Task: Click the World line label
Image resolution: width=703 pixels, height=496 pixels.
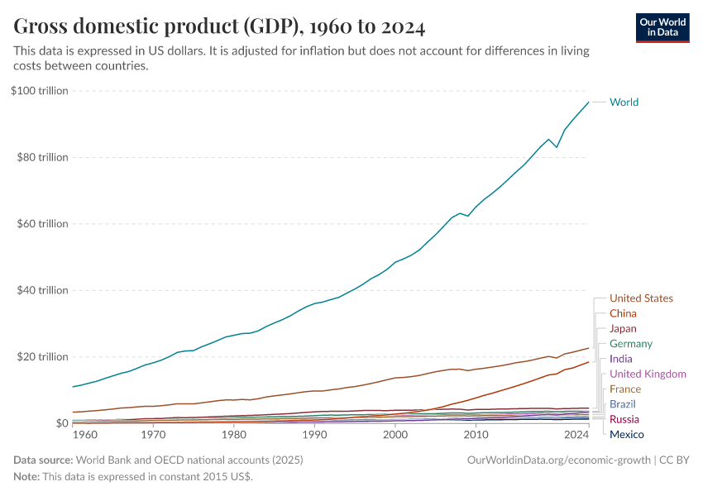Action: [624, 103]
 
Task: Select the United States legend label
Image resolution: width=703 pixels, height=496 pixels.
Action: [641, 298]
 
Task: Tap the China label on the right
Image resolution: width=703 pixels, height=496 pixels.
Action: [623, 313]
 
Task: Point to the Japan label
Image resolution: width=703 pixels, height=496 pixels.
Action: [623, 329]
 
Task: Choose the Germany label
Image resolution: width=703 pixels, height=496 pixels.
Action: [630, 344]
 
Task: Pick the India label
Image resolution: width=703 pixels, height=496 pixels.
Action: [620, 359]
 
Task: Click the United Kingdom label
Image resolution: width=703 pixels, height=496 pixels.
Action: [648, 374]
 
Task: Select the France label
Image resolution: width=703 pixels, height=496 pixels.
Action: [625, 389]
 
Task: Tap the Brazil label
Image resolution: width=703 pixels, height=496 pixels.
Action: [623, 404]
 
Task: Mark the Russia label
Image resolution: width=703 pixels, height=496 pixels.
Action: [624, 420]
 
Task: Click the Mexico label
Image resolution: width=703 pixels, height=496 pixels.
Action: [626, 435]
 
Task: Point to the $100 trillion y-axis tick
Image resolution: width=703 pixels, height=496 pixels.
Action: [39, 91]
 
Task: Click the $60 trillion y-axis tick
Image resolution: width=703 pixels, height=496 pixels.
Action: [41, 224]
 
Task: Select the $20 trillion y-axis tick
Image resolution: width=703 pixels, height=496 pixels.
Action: [41, 357]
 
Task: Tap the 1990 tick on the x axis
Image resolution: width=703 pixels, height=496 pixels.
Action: [314, 434]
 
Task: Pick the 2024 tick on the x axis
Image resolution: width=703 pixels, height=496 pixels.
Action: [576, 434]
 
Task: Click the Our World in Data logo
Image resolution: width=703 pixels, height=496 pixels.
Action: [662, 27]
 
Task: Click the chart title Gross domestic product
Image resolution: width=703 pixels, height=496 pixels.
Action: [219, 27]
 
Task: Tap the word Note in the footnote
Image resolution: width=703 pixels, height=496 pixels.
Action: [26, 477]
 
